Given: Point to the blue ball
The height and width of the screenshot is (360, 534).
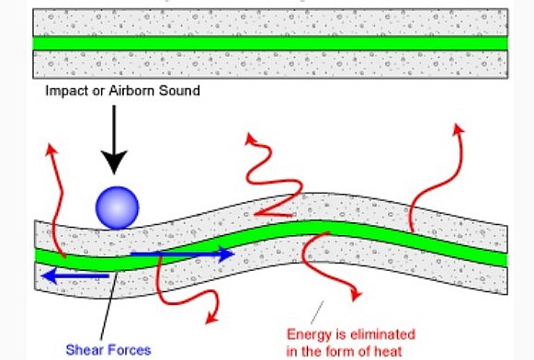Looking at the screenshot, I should [117, 207].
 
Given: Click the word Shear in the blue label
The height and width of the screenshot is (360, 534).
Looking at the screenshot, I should [82, 349].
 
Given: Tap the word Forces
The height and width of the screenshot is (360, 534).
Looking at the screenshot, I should [123, 349].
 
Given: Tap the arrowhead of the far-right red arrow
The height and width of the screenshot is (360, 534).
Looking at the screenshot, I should [457, 131].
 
